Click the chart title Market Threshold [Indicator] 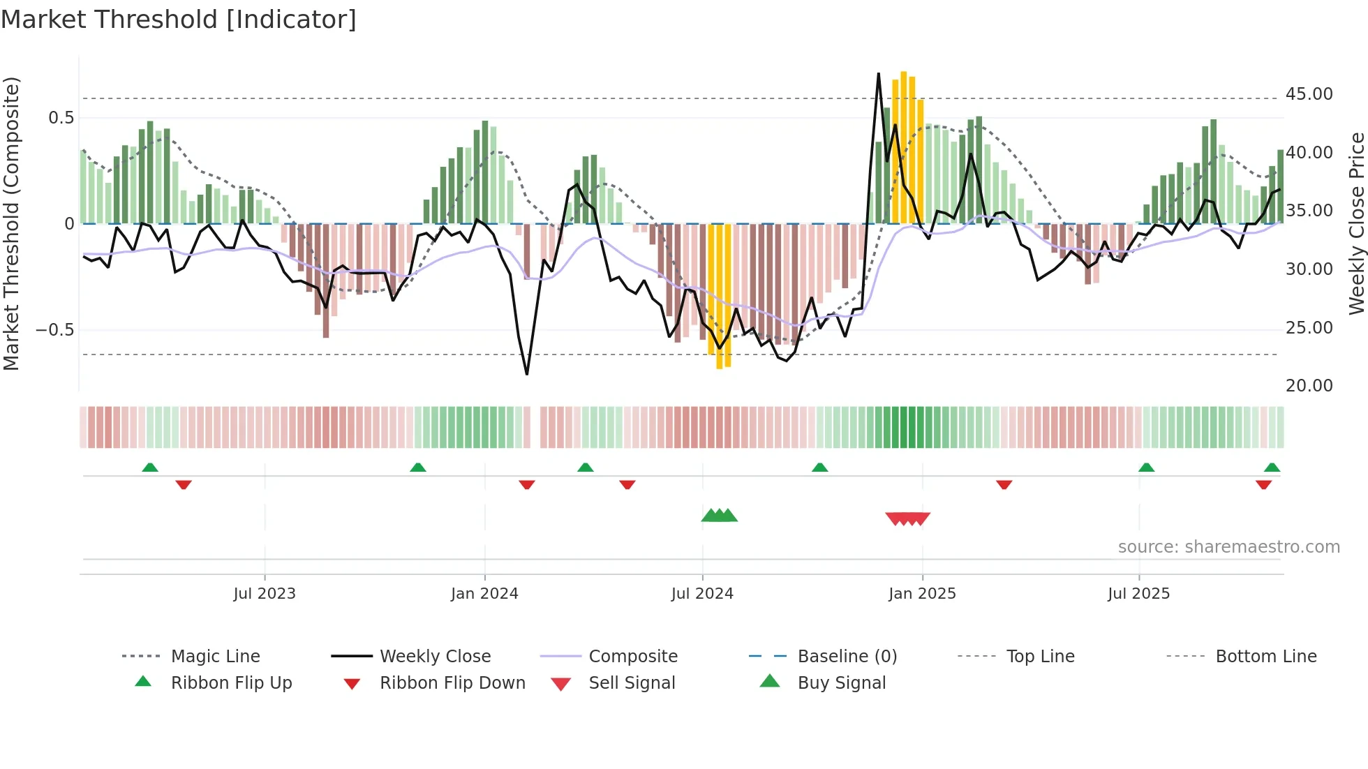179,20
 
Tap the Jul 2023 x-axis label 265,594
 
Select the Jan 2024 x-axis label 484,594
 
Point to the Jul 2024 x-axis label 702,594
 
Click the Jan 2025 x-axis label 922,594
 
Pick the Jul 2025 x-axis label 1138,594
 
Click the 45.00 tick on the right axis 1309,94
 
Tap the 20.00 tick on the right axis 1309,386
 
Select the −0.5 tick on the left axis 55,330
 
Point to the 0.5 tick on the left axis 61,118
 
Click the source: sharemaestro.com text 1228,547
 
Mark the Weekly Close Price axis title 1356,223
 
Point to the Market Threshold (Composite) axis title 11,223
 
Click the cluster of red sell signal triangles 907,518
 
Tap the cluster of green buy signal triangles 719,516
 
